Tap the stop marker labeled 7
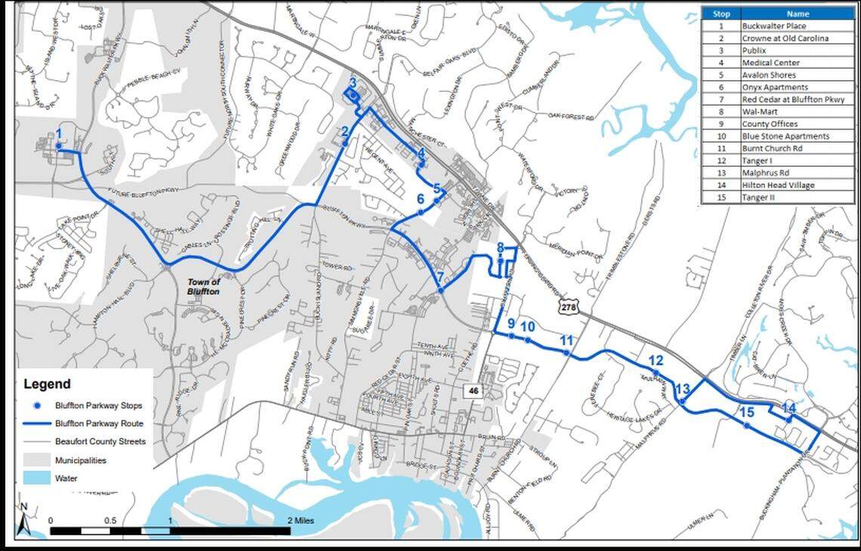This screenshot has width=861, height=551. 440,290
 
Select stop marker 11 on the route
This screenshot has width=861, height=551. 567,353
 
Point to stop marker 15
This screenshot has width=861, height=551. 746,426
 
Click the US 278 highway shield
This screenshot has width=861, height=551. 568,306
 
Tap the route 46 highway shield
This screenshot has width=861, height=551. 474,390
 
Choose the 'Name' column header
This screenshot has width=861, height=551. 798,14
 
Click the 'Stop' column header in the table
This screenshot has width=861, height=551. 721,14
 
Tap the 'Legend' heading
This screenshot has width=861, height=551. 47,383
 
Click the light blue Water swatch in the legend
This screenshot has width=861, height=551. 37,477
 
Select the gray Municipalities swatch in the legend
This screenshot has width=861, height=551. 37,459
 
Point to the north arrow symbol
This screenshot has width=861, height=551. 24,522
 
